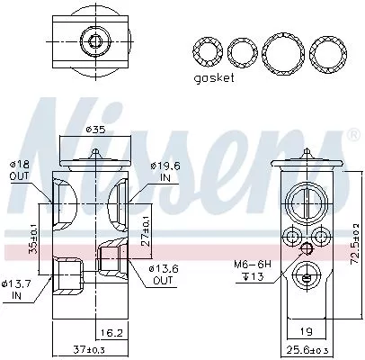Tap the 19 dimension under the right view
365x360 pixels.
coord(305,331)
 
